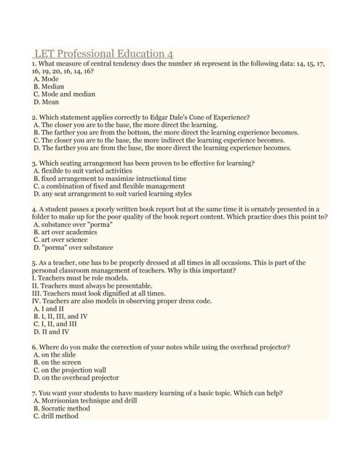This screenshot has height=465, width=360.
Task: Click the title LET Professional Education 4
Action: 103,54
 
